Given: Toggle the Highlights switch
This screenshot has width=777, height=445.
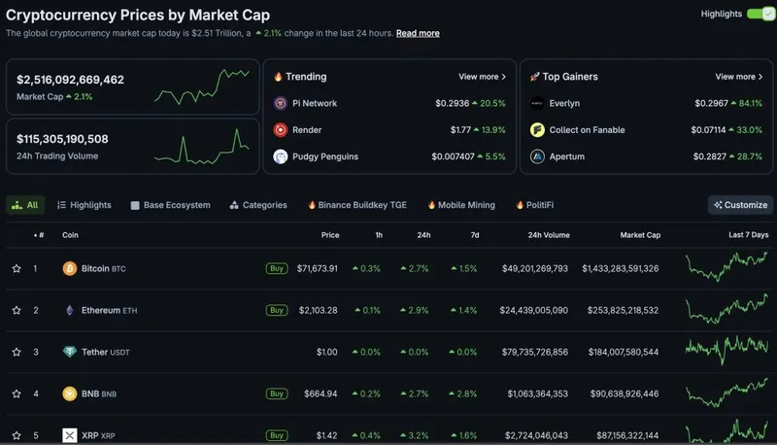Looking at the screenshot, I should pyautogui.click(x=760, y=15).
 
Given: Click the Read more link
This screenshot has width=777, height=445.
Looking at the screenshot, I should pyautogui.click(x=418, y=33).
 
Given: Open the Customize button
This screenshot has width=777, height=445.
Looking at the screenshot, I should pyautogui.click(x=740, y=205).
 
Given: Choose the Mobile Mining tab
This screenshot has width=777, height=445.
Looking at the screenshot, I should pyautogui.click(x=465, y=205).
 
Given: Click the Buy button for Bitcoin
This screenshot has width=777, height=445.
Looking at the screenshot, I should pyautogui.click(x=277, y=268).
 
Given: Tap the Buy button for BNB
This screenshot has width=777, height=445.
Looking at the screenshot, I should pyautogui.click(x=277, y=394).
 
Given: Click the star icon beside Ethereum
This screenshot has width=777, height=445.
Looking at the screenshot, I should pyautogui.click(x=17, y=310).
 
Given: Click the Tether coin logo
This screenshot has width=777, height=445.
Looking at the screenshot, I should pyautogui.click(x=70, y=352).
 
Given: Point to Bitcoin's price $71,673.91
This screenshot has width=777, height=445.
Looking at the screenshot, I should pyautogui.click(x=318, y=268).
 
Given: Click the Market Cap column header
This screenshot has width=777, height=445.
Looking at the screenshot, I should pyautogui.click(x=640, y=235).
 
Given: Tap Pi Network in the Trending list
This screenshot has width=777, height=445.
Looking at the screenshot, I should pyautogui.click(x=316, y=103).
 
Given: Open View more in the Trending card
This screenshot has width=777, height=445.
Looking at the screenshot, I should pyautogui.click(x=482, y=77).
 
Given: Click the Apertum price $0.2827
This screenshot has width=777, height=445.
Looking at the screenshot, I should pyautogui.click(x=714, y=156).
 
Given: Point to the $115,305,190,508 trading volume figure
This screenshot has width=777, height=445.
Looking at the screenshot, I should pyautogui.click(x=62, y=139).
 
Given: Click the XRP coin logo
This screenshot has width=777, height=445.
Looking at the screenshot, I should pyautogui.click(x=70, y=435).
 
